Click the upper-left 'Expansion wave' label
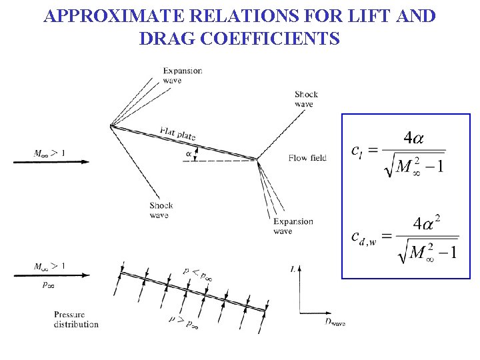tap(182, 75)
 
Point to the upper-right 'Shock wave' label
tap(306, 99)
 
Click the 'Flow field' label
tap(307, 158)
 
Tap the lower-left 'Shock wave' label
tap(161, 210)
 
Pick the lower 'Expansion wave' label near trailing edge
tap(293, 226)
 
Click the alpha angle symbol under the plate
tap(189, 155)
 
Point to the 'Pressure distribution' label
tap(76, 319)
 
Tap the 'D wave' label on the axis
tap(335, 322)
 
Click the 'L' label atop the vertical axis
tap(294, 269)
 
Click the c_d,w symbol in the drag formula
tap(363, 237)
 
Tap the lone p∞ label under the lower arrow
tap(49, 285)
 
